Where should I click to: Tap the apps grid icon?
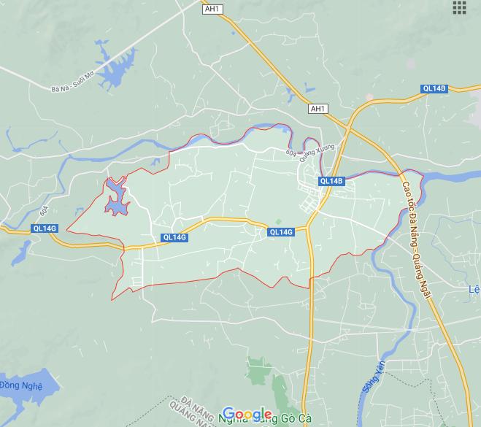[x=459, y=7]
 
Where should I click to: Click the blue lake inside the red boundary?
[x=116, y=198]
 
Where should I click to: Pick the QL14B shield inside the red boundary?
[x=331, y=181]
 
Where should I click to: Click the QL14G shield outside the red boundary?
[x=45, y=228]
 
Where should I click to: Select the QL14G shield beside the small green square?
[x=281, y=232]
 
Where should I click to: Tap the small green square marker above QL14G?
[x=277, y=222]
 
